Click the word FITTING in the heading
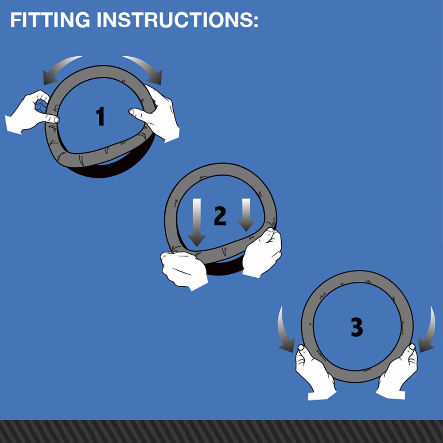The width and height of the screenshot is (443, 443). (50, 20)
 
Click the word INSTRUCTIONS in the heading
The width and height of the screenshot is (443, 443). (175, 20)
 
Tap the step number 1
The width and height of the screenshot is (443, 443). (100, 116)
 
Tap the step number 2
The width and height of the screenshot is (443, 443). (220, 216)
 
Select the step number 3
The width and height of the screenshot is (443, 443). (357, 327)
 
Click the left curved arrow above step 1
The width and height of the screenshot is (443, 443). (58, 67)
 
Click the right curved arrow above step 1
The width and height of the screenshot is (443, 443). (145, 68)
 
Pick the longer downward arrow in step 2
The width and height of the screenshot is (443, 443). (197, 222)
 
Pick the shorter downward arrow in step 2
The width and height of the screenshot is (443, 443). (246, 215)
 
